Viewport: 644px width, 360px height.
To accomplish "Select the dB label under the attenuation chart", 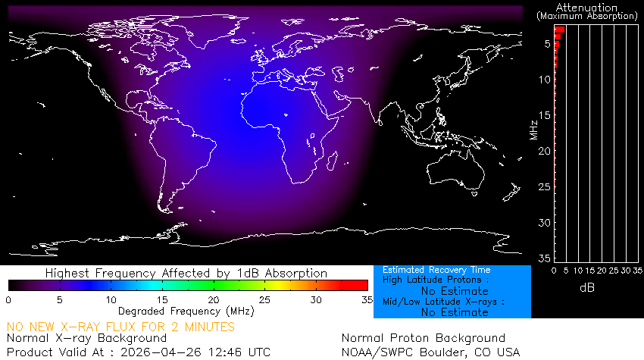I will point(586,288).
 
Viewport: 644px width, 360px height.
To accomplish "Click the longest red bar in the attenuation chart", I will point(559,30).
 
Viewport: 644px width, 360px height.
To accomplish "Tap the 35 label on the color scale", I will point(366,299).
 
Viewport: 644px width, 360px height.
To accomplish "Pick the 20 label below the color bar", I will point(214,299).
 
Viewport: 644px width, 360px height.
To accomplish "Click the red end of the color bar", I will point(364,285).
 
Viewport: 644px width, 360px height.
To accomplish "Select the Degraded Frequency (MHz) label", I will point(186,311).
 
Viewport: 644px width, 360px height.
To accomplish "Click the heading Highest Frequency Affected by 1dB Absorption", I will point(186,273).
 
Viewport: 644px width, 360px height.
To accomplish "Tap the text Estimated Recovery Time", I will point(436,270).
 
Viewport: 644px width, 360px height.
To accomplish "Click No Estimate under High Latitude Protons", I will point(454,290).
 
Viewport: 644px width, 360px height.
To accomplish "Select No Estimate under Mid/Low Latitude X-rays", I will point(454,311).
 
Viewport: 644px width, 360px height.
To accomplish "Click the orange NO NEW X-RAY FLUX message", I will point(121,327).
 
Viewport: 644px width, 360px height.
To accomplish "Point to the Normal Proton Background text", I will point(424,338).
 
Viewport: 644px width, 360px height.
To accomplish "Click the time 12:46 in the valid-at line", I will point(220,352).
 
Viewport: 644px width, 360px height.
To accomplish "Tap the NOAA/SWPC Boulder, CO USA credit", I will point(431,352).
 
